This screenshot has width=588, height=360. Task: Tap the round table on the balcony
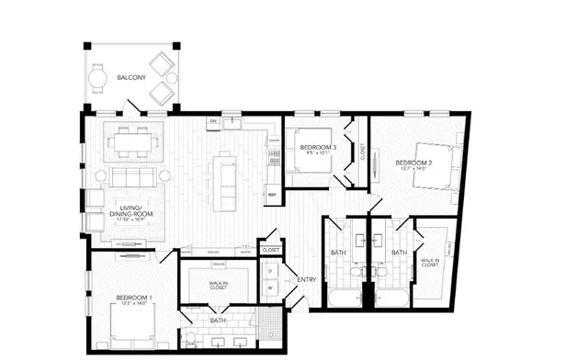(x=99, y=79)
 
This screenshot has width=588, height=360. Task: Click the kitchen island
(x=222, y=181)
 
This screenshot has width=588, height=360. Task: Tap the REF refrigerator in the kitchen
(x=272, y=195)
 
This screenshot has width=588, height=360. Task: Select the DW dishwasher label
(x=212, y=121)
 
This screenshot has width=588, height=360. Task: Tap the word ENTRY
(x=306, y=280)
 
